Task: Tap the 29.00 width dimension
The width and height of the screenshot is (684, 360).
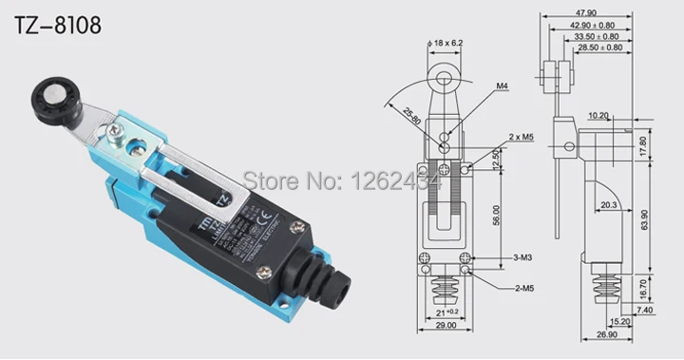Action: point(444,327)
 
